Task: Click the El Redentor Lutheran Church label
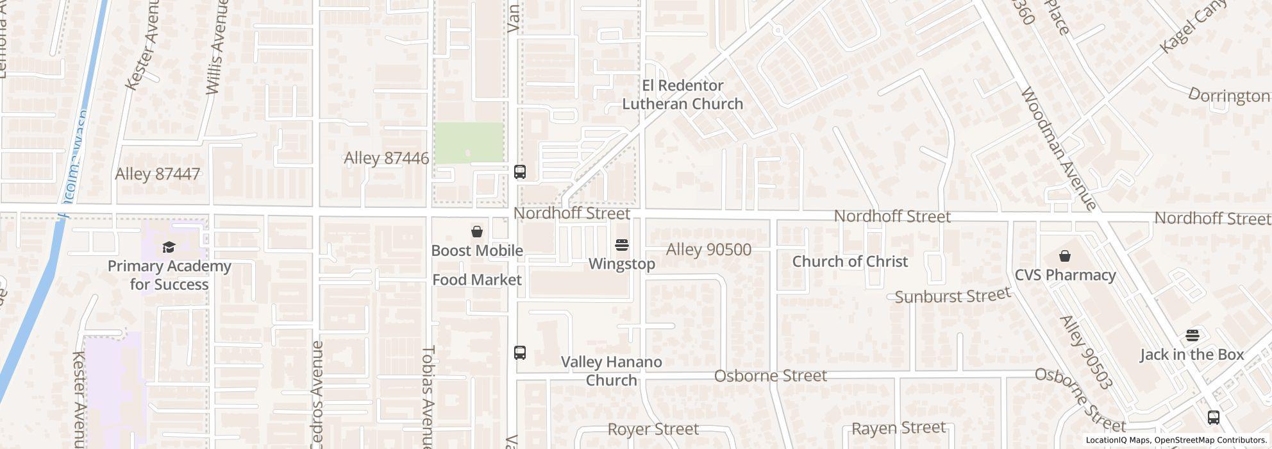coord(683,94)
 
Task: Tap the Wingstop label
coord(621,264)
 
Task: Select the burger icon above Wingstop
coord(621,245)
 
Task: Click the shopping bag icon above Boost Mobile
coord(477,232)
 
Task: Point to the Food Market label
coord(476,280)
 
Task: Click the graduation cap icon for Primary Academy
coord(169,248)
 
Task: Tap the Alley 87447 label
coord(157,174)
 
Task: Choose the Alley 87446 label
coord(386,158)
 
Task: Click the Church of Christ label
coord(849,261)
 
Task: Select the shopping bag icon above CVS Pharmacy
coord(1064,257)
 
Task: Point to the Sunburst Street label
coord(952,296)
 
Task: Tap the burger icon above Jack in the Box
coord(1192,335)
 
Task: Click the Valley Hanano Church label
coord(611,371)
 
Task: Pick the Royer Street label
coord(653,429)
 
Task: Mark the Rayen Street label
coord(898,428)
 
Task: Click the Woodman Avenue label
coord(1057,149)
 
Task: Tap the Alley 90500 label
coord(708,250)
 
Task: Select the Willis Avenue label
coord(217,48)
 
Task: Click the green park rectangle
coord(469,142)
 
